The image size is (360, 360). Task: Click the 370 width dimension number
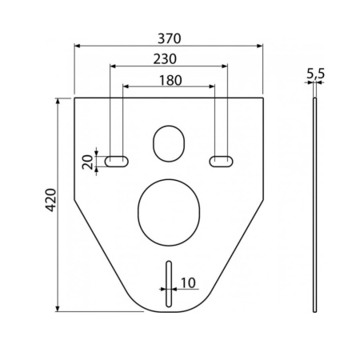169,37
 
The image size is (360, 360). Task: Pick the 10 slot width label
188,282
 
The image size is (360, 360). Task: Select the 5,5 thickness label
316,73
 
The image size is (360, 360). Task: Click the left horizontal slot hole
117,161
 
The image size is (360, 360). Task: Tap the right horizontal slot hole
222,161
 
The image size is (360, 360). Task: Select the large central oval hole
169,210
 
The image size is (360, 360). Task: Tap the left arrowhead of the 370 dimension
78,46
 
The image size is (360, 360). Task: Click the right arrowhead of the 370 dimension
261,46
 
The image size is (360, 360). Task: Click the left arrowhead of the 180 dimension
125,87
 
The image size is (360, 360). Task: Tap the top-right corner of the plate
263,98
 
